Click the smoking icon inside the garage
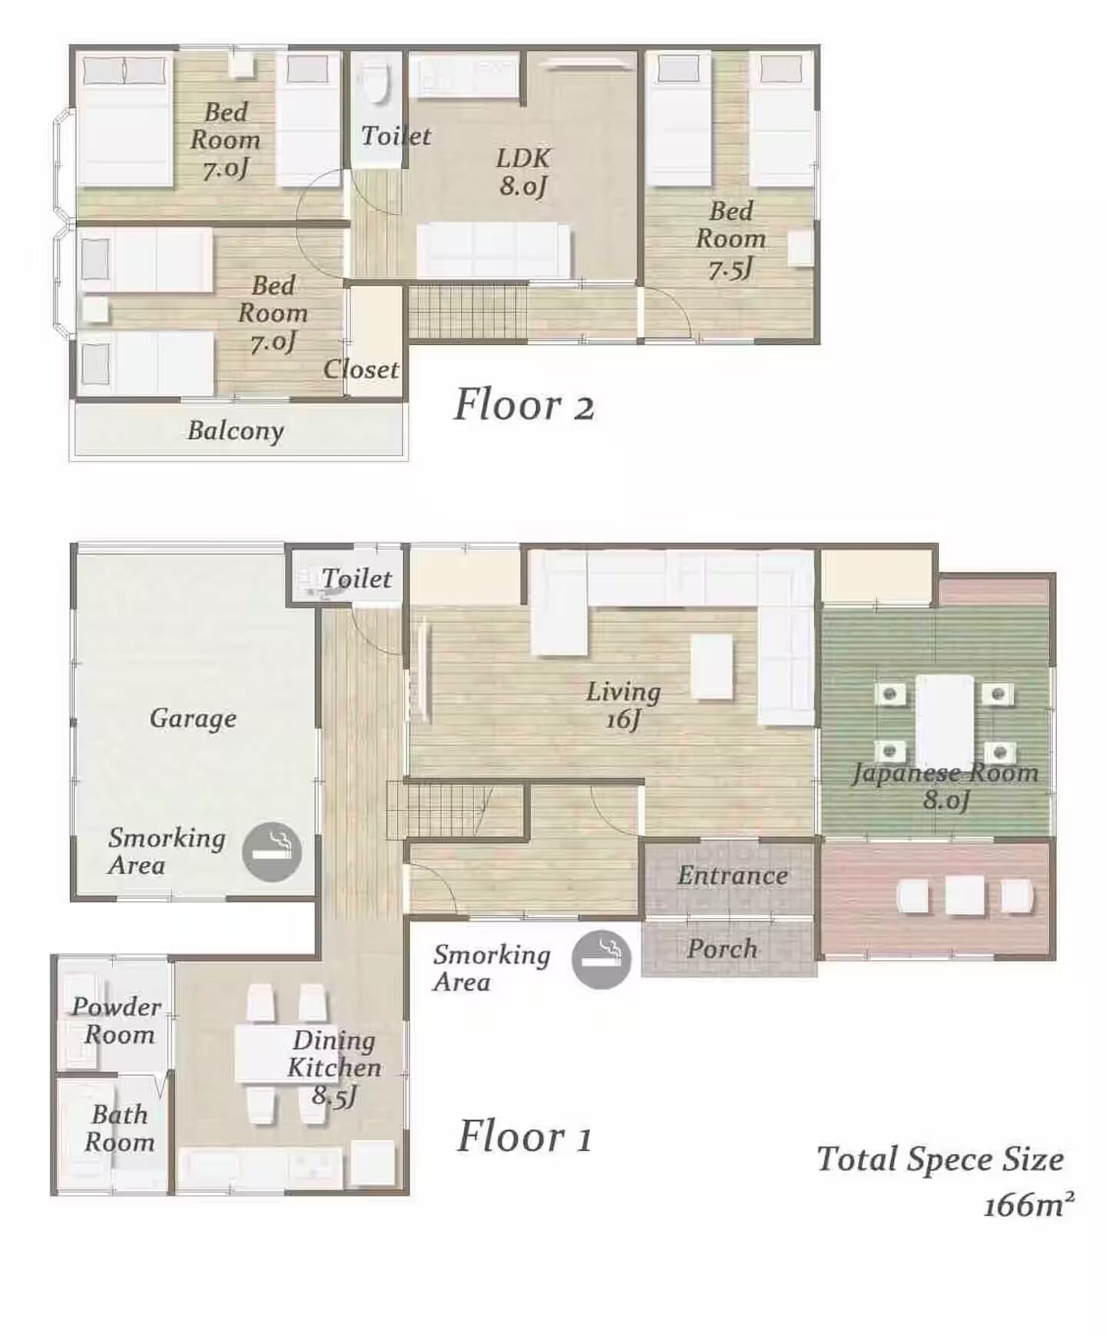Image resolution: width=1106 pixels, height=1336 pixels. tap(272, 852)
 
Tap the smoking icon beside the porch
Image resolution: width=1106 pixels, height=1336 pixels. tap(601, 959)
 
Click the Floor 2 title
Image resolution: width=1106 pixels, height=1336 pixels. tap(525, 405)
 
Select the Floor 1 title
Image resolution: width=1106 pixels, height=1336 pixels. tap(525, 1136)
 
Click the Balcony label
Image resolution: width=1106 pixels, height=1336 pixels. tap(236, 431)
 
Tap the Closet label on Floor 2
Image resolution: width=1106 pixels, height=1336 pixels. tap(361, 369)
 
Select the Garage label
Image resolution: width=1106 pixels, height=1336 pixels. tap(193, 719)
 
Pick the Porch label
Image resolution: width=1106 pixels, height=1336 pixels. tap(722, 948)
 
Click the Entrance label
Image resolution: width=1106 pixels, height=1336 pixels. tap(733, 875)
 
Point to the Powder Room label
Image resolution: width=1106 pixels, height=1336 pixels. tap(118, 1020)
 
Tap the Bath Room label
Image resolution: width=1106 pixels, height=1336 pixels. tap(119, 1128)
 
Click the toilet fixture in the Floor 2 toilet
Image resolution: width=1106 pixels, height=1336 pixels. tap(376, 82)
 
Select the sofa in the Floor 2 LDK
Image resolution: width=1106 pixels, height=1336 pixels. tap(494, 251)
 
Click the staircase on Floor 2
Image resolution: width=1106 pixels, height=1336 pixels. tap(467, 311)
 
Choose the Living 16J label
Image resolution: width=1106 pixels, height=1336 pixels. tap(624, 705)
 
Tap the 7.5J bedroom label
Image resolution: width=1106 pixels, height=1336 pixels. tap(730, 240)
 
